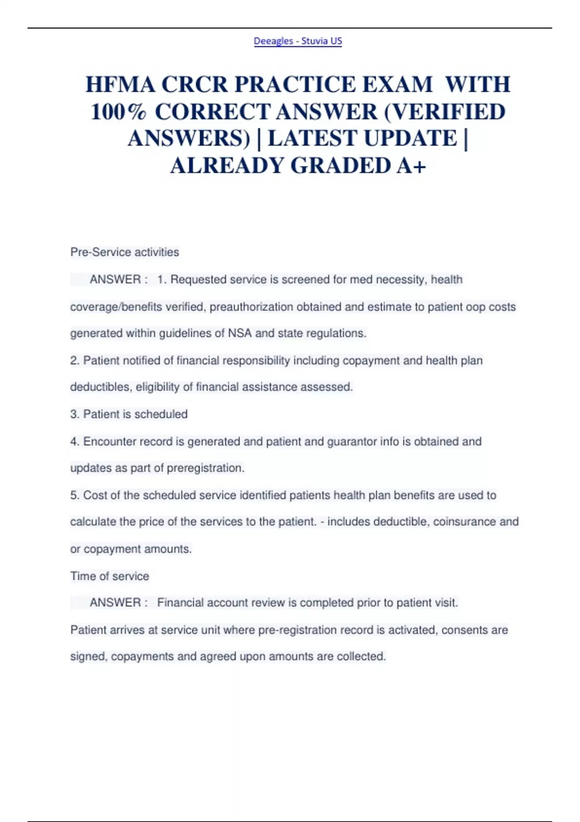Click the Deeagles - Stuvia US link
pyautogui.click(x=298, y=41)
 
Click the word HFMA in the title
pyautogui.click(x=120, y=85)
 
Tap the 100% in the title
pyautogui.click(x=118, y=112)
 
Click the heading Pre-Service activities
pyautogui.click(x=125, y=252)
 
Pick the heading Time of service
pyautogui.click(x=110, y=576)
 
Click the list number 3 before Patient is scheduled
pyautogui.click(x=74, y=414)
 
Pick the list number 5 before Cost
pyautogui.click(x=74, y=495)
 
